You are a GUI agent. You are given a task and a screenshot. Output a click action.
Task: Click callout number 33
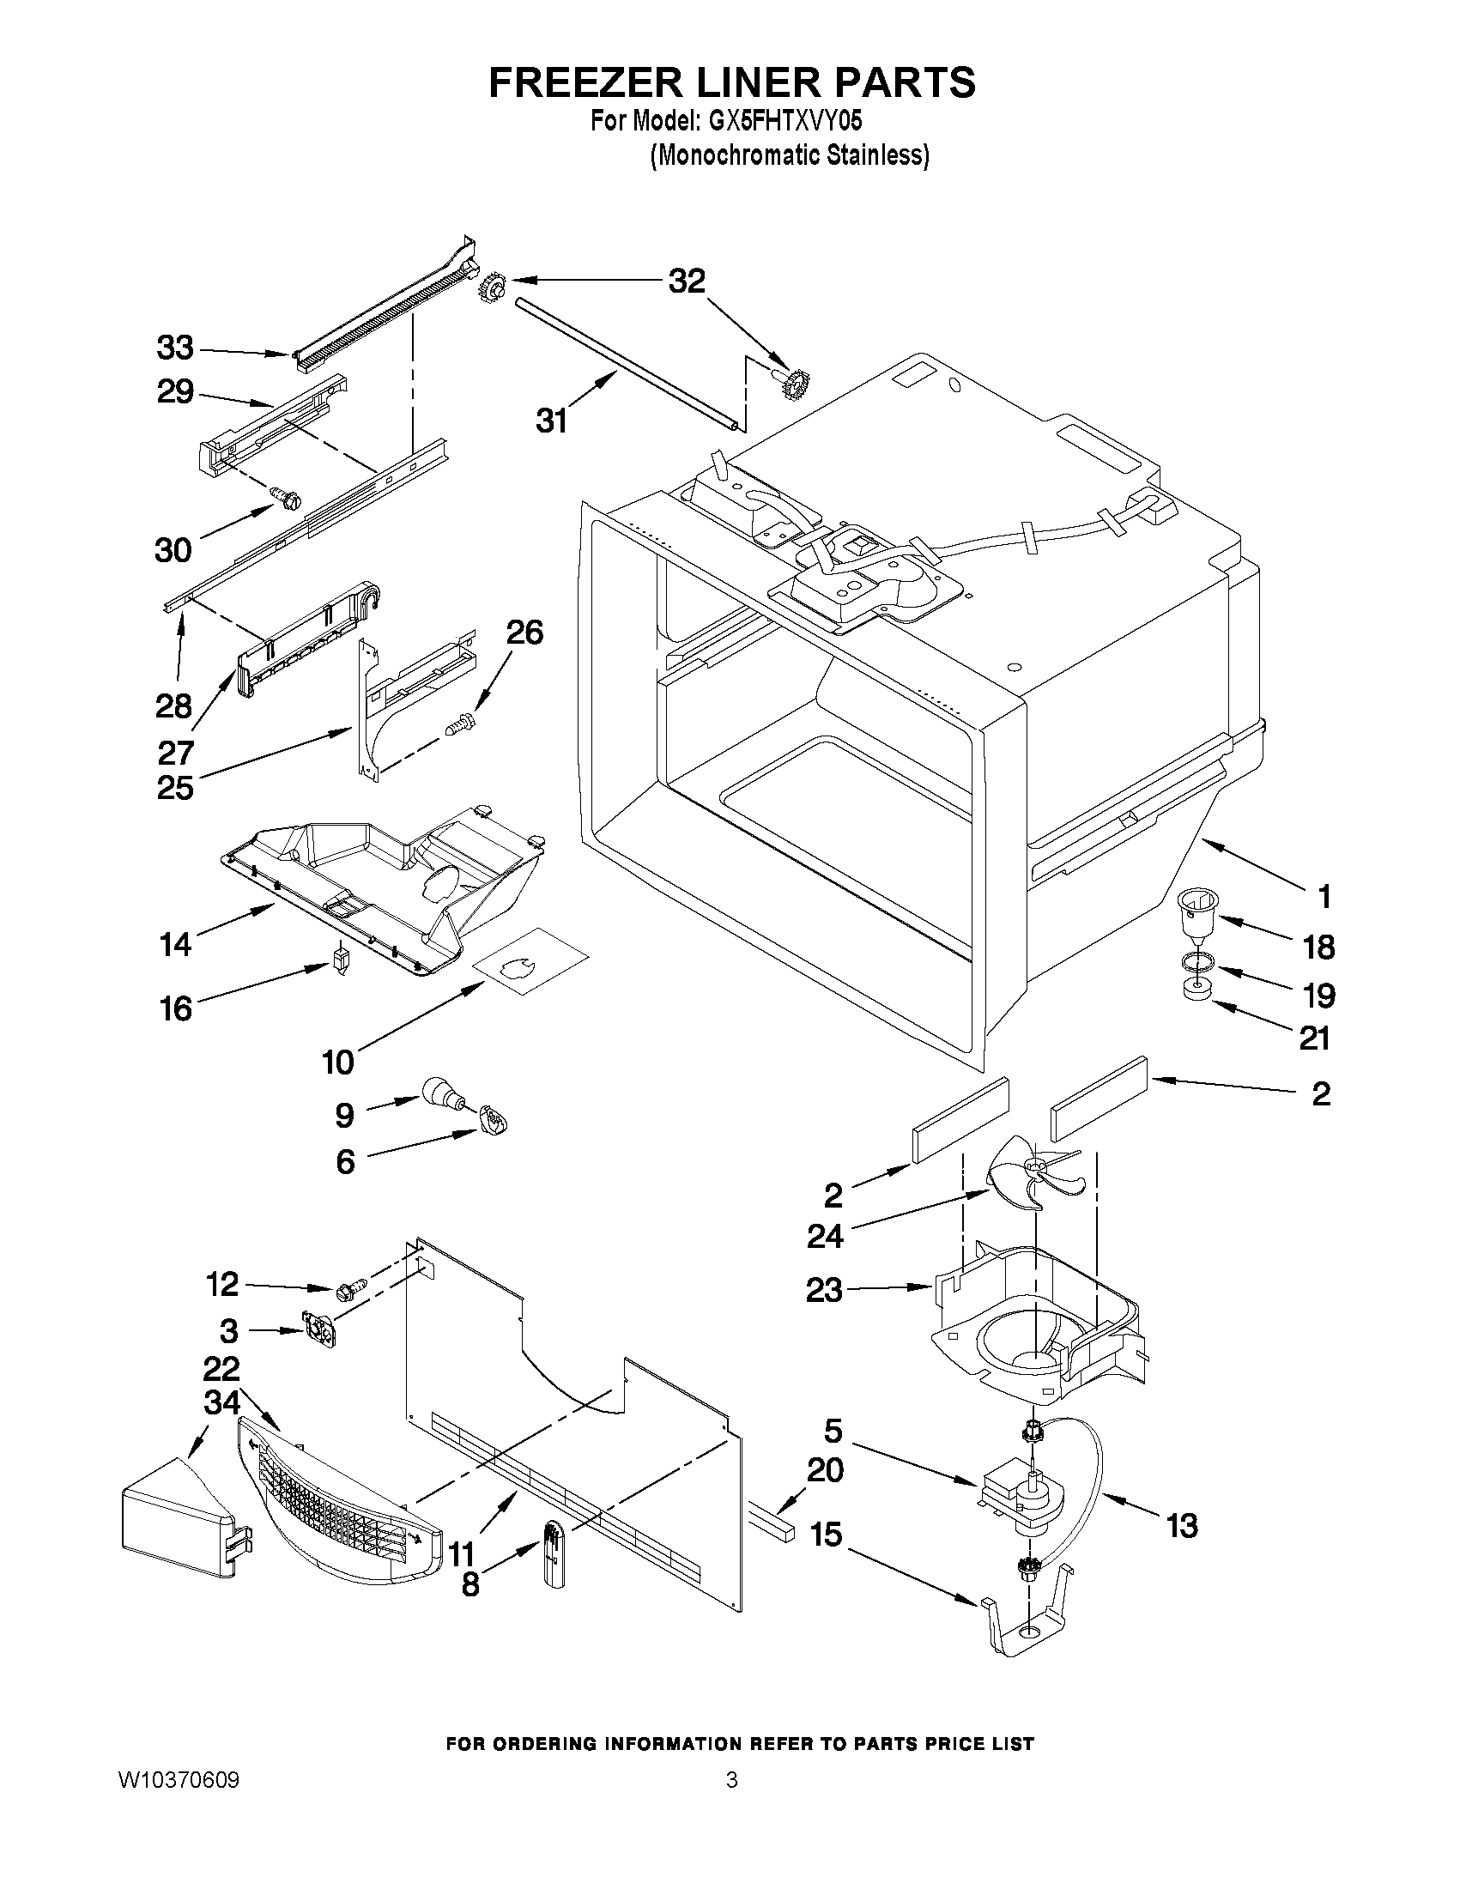pyautogui.click(x=175, y=348)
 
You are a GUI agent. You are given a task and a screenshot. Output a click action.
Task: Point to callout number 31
pyautogui.click(x=551, y=421)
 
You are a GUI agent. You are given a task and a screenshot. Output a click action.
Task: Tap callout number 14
pyautogui.click(x=175, y=943)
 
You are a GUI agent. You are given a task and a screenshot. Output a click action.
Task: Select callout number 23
pyautogui.click(x=822, y=1314)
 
